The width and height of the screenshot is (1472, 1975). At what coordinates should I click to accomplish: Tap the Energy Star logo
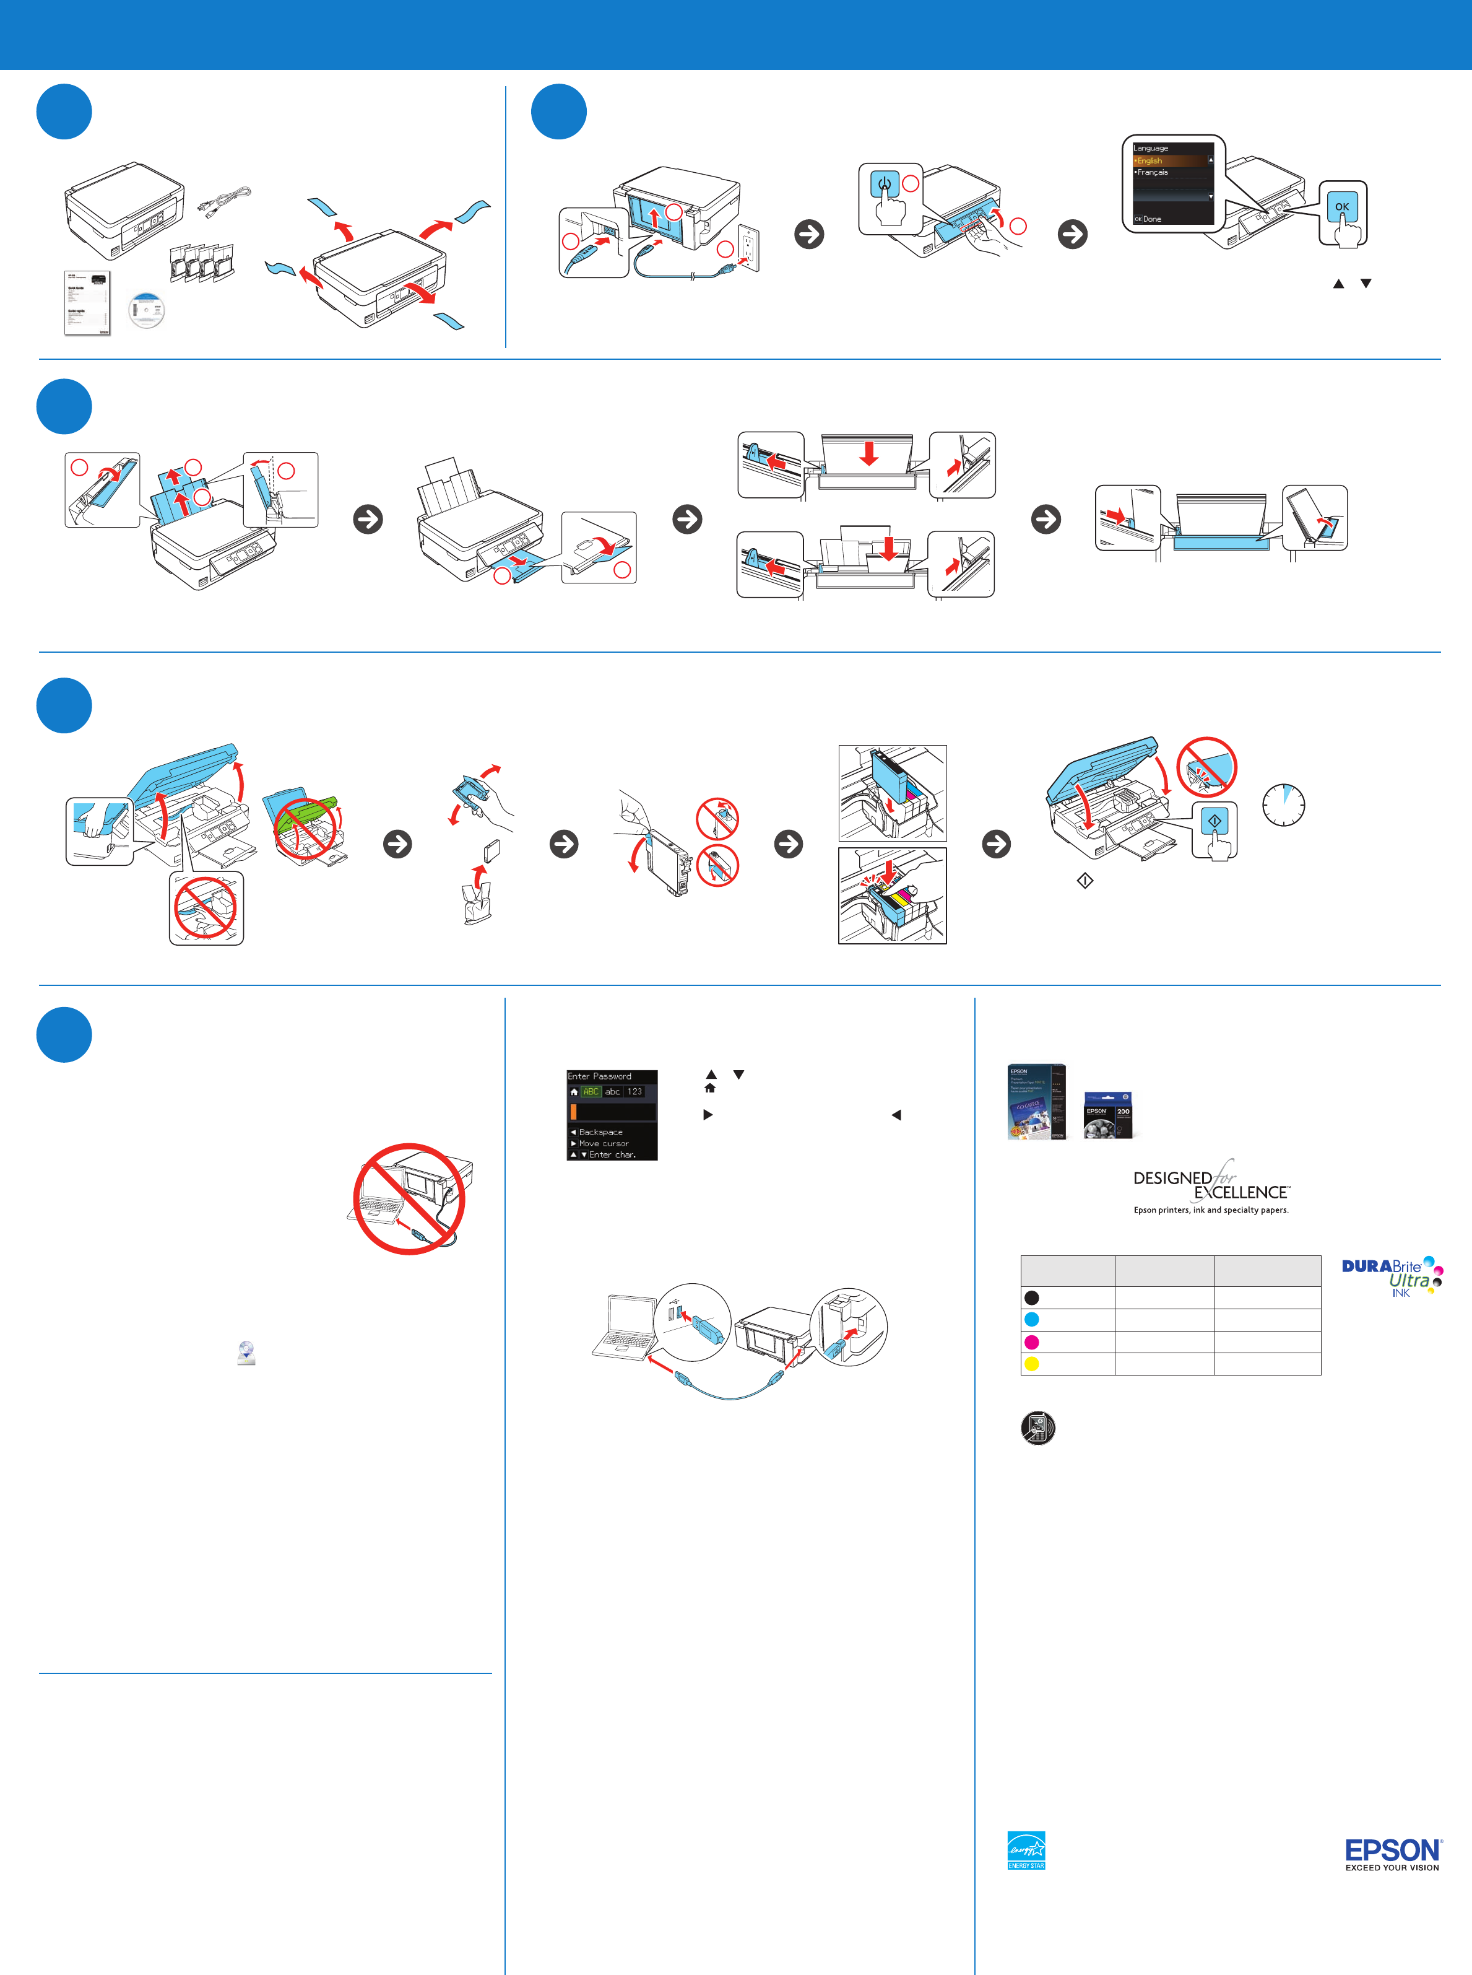pyautogui.click(x=1026, y=1851)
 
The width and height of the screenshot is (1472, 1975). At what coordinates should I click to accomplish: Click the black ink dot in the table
pyautogui.click(x=1032, y=1297)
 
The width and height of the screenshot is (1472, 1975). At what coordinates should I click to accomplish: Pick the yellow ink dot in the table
pyautogui.click(x=1032, y=1364)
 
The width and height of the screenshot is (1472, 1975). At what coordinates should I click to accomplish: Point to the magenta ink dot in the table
pyautogui.click(x=1032, y=1341)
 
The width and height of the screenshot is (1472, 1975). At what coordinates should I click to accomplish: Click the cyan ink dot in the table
pyautogui.click(x=1032, y=1319)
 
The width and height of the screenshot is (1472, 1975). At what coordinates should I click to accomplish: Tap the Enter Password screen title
pyautogui.click(x=600, y=1076)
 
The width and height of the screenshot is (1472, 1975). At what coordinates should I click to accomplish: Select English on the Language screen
pyautogui.click(x=1150, y=160)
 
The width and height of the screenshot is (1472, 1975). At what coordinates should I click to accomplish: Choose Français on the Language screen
pyautogui.click(x=1152, y=172)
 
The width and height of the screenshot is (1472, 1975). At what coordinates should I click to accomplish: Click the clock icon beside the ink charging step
pyautogui.click(x=1284, y=804)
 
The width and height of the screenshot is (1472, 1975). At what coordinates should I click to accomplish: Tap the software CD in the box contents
pyautogui.click(x=146, y=310)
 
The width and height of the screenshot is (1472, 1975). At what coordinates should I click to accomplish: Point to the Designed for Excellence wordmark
pyautogui.click(x=1211, y=1185)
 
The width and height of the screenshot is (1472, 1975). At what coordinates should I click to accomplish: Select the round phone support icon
pyautogui.click(x=1037, y=1428)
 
